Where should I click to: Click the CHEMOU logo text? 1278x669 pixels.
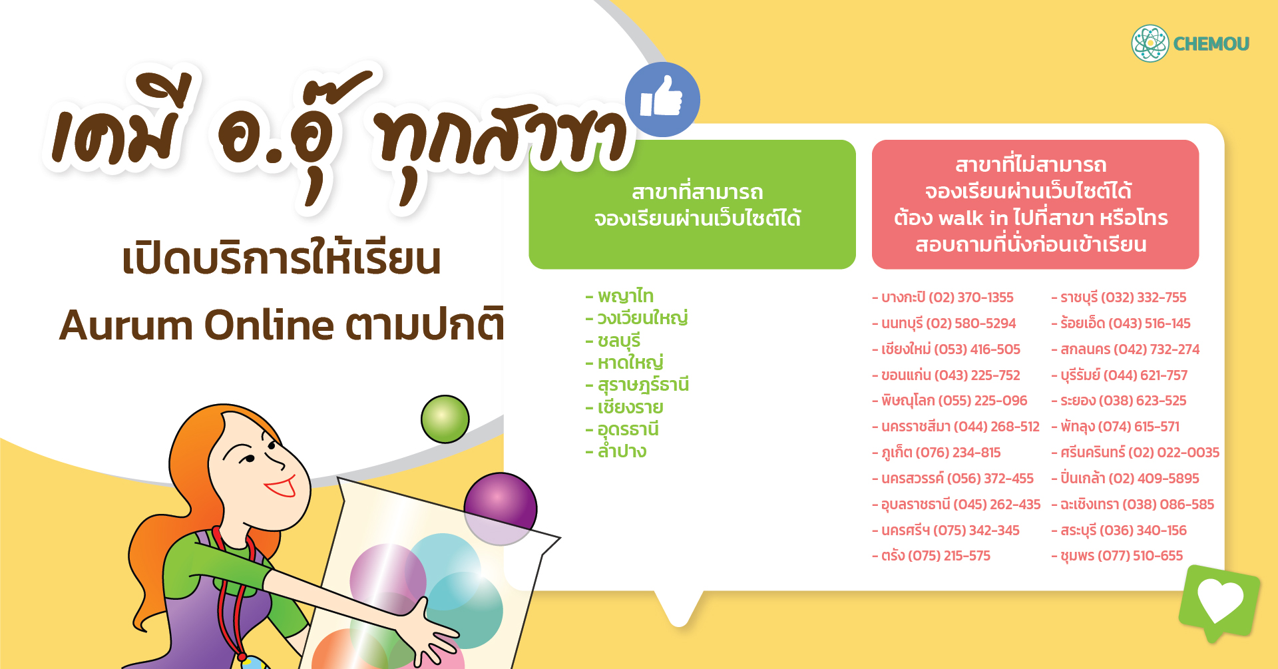(x=1211, y=44)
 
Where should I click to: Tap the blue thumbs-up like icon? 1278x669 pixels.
(x=662, y=100)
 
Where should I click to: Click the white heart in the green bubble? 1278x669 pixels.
(x=1219, y=600)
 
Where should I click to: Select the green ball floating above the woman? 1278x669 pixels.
(x=445, y=419)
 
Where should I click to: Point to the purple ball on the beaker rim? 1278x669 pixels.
(x=501, y=509)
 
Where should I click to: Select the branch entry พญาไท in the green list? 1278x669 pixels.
(x=620, y=296)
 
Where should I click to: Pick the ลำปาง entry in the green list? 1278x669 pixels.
(x=616, y=451)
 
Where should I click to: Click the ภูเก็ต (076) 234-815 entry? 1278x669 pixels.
(x=937, y=453)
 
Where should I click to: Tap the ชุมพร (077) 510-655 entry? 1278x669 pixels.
(x=1117, y=556)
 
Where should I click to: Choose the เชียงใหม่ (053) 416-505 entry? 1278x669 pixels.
(x=946, y=349)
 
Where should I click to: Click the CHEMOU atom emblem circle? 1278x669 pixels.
(x=1150, y=43)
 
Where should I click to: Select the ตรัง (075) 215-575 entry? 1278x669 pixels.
(x=931, y=556)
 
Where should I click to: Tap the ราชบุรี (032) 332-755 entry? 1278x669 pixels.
(x=1119, y=298)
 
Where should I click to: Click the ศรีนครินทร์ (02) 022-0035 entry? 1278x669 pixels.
(x=1136, y=453)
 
